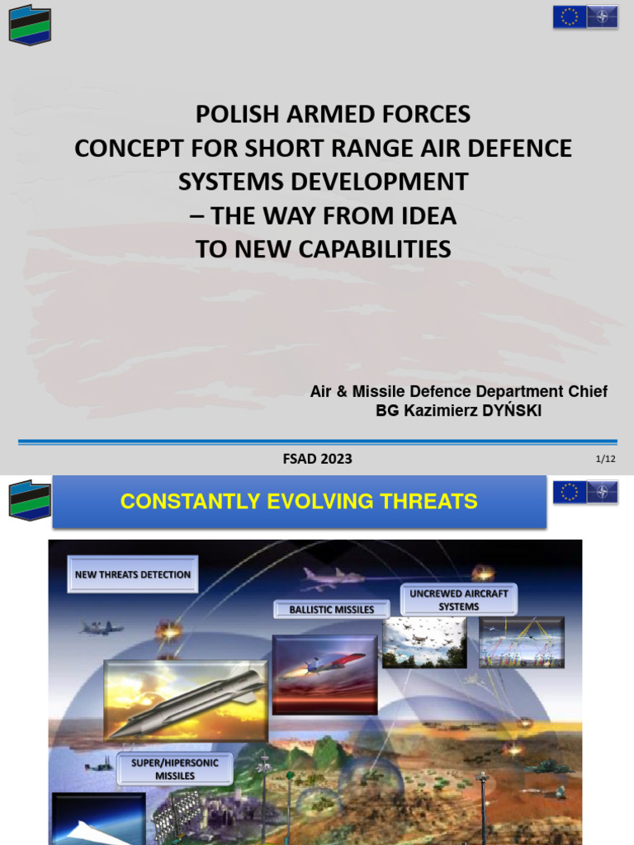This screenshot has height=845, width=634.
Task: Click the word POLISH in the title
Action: click(x=229, y=114)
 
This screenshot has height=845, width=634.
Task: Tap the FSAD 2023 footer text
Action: click(x=317, y=459)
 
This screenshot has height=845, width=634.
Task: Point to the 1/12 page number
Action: click(x=605, y=459)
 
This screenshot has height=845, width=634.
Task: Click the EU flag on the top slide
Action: click(x=570, y=17)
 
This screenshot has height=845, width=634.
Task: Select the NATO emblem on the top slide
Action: click(x=602, y=17)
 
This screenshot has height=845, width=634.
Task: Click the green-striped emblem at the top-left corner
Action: click(x=30, y=26)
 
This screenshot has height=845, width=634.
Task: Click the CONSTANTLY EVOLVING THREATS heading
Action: click(x=299, y=501)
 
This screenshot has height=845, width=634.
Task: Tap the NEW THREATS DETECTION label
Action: click(x=133, y=574)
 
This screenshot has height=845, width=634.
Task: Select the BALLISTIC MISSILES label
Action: click(x=332, y=610)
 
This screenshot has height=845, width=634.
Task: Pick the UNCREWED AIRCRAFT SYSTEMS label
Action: click(x=459, y=600)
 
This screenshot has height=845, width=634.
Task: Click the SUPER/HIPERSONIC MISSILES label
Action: click(x=175, y=769)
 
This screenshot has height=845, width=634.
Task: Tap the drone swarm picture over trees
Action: click(x=425, y=642)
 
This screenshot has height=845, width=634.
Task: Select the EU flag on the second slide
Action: click(x=570, y=493)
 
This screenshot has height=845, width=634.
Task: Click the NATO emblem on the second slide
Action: click(x=602, y=493)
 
